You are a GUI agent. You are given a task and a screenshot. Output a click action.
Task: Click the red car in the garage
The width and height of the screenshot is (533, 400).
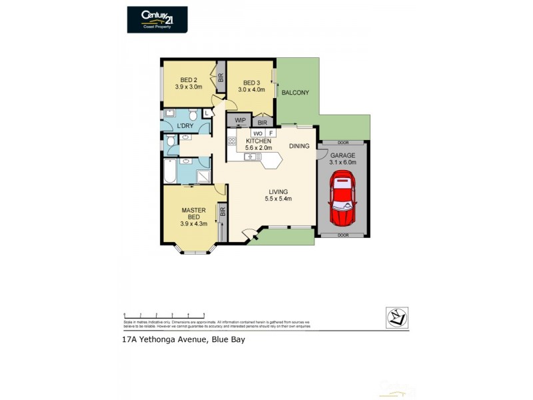[343, 197]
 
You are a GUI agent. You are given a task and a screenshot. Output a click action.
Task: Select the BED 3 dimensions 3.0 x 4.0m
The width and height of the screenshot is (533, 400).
[253, 89]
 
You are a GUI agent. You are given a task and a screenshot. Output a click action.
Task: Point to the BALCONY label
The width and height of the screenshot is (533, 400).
[295, 93]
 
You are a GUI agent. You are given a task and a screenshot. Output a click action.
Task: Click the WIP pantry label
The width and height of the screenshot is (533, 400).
[241, 121]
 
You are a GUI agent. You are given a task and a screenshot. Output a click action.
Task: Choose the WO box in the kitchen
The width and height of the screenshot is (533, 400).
[257, 133]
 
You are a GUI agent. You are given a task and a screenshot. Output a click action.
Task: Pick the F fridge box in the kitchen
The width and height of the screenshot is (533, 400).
[271, 133]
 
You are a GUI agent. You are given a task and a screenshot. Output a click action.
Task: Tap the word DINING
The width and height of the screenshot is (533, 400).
[300, 146]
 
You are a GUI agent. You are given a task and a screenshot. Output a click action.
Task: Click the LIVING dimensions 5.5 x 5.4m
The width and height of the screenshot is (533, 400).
[278, 199]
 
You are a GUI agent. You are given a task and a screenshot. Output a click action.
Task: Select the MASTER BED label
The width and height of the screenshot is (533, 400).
[193, 213]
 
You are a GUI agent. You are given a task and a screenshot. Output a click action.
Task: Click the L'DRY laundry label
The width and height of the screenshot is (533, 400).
[186, 126]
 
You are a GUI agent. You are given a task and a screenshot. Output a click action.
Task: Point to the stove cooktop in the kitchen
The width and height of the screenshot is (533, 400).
[232, 141]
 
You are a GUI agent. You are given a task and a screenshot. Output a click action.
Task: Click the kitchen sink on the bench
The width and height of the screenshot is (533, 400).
[252, 157]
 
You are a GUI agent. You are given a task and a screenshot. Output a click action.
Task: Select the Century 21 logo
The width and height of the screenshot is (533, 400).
[157, 19]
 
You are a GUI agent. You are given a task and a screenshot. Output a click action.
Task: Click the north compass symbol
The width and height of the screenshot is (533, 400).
[397, 317]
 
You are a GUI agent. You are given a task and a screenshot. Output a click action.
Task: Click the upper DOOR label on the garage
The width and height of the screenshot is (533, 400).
[343, 143]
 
